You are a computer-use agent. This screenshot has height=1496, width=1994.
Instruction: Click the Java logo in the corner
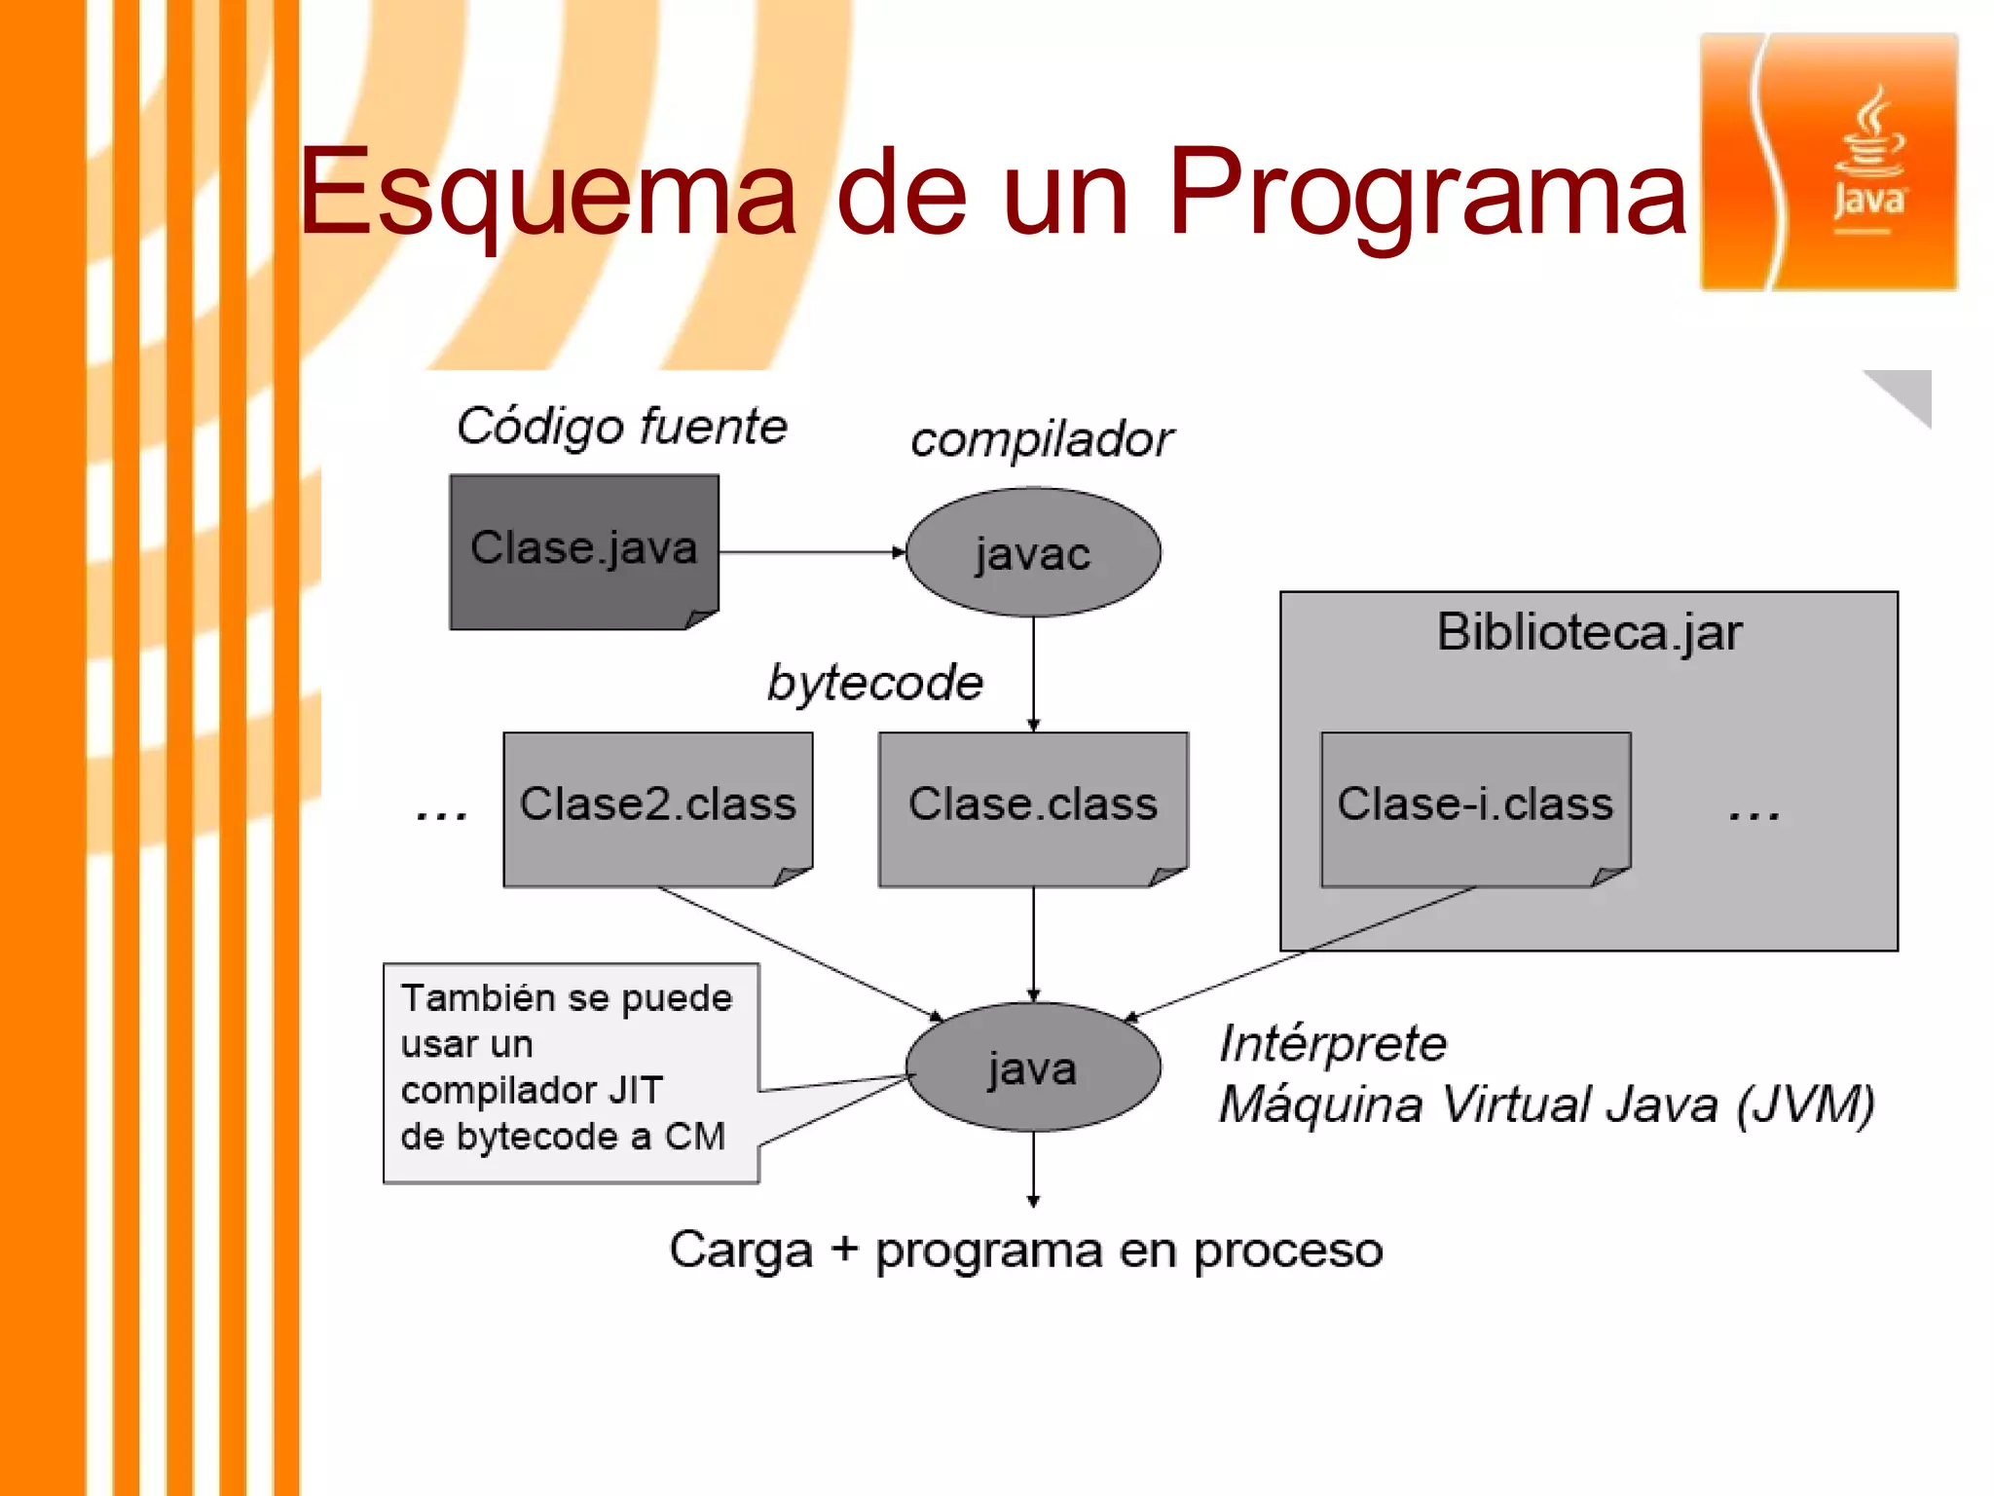(x=1828, y=162)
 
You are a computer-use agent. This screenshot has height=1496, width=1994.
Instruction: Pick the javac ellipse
(x=1032, y=552)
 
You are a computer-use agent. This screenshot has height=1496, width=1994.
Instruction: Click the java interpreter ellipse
(x=1032, y=1067)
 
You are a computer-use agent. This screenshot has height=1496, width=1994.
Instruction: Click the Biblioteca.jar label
(x=1589, y=632)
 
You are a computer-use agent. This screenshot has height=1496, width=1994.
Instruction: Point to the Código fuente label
(x=621, y=427)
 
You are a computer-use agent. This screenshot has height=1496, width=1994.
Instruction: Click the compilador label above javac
(x=1041, y=439)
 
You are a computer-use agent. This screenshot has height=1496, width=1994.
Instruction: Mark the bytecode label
(x=874, y=683)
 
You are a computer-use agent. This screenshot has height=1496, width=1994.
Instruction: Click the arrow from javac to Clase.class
(x=1033, y=672)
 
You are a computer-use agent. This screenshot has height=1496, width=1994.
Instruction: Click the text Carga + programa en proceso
(x=1025, y=1250)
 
